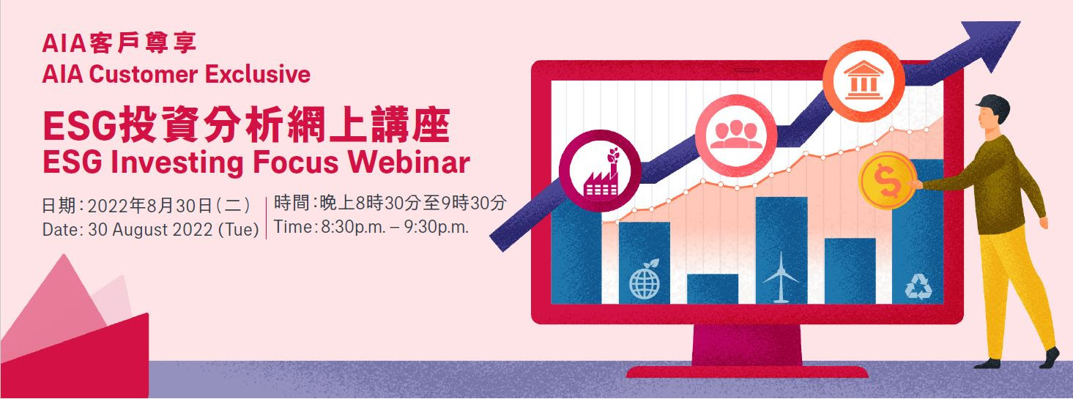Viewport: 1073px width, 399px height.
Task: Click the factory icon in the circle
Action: tap(600, 171)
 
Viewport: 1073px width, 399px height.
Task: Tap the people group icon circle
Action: tap(736, 135)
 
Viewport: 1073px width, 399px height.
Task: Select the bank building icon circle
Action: tap(864, 81)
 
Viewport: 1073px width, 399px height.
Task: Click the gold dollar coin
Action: tap(888, 181)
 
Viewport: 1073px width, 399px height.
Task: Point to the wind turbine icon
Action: tap(780, 277)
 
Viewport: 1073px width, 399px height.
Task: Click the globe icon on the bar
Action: tap(645, 280)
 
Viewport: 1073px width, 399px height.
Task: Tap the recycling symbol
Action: tap(918, 286)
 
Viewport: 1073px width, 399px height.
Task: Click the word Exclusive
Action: tap(258, 74)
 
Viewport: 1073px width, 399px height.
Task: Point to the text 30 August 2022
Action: tap(150, 229)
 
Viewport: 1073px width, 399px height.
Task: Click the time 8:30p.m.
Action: tap(353, 226)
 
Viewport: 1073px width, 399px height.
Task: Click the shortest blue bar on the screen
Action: tap(713, 288)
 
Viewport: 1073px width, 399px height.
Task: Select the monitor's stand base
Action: tap(747, 372)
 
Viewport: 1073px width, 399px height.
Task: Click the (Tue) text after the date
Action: tap(239, 229)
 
